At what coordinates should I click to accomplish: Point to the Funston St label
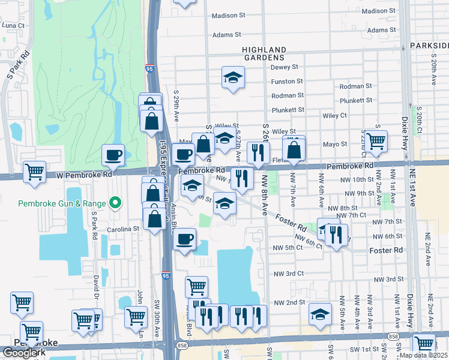[287, 82]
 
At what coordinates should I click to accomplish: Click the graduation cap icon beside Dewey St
[233, 77]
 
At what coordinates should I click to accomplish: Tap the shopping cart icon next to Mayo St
[376, 141]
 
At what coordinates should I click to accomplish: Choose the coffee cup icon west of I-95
[113, 155]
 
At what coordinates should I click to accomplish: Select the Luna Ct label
[13, 26]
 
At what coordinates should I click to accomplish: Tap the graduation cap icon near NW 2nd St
[321, 314]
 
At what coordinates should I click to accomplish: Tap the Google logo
[20, 353]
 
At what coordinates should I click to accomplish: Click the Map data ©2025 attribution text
[423, 355]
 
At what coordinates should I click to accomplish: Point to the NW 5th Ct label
[286, 248]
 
